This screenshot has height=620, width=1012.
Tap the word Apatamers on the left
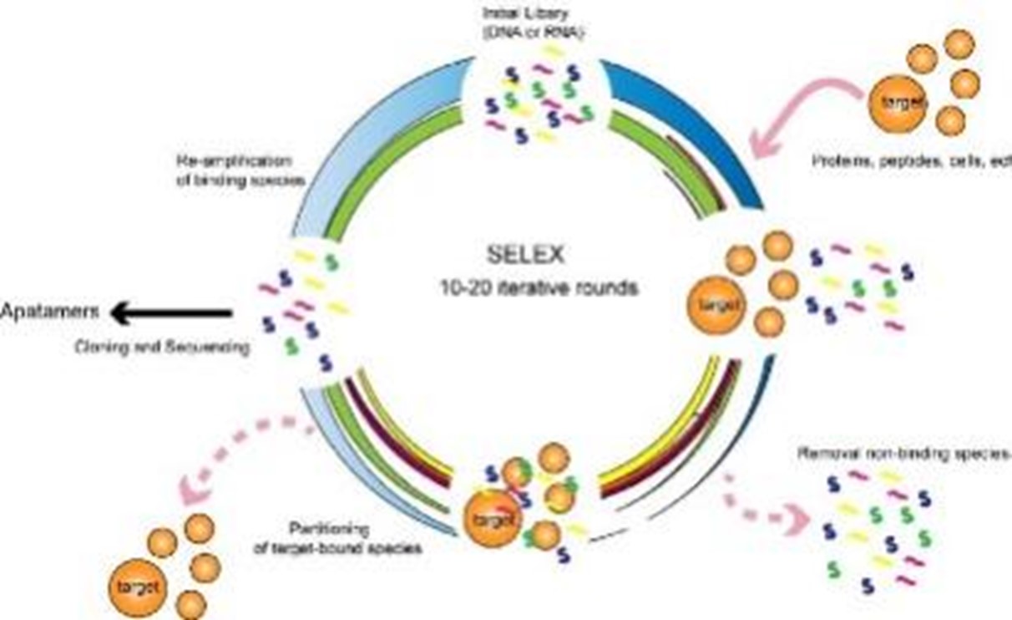(50, 313)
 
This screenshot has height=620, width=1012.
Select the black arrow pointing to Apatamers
(171, 313)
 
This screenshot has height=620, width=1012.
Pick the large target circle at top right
(898, 104)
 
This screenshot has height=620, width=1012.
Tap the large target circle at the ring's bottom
(493, 519)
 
